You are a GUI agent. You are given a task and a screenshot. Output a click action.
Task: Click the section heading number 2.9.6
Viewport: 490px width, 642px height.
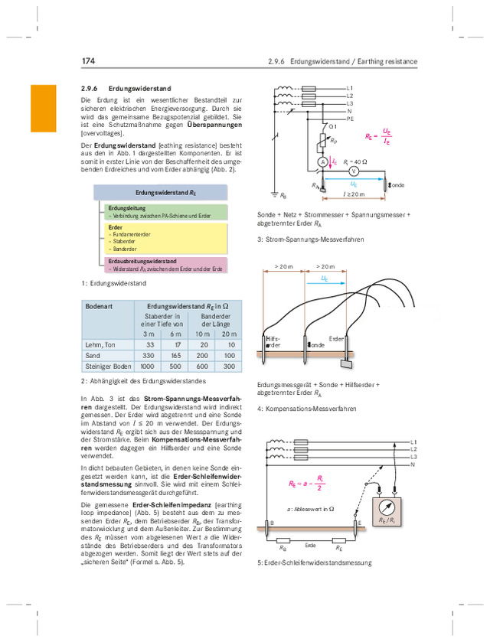click(x=91, y=89)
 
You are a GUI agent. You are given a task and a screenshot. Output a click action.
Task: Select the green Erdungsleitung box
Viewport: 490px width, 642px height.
click(x=164, y=212)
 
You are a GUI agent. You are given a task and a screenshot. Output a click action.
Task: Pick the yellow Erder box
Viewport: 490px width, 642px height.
click(x=164, y=238)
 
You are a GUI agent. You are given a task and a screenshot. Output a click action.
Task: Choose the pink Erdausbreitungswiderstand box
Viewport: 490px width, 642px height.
click(x=164, y=265)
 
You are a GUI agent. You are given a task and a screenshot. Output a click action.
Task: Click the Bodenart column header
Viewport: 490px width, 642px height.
click(x=100, y=305)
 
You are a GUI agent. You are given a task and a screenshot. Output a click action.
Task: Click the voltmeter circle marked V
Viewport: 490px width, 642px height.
click(x=354, y=171)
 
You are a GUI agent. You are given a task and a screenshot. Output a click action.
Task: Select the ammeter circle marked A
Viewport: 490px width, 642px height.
click(x=323, y=162)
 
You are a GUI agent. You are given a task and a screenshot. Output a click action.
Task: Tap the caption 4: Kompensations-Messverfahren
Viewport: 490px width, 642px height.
click(x=307, y=409)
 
